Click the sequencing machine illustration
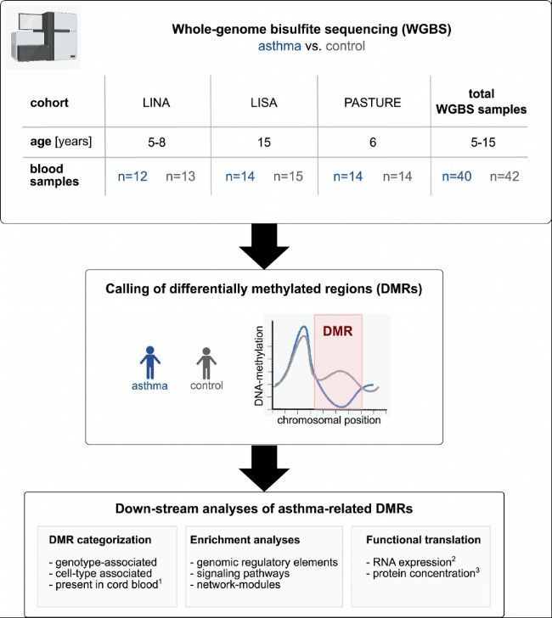click(x=43, y=37)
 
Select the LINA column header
click(x=156, y=103)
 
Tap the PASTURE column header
click(x=373, y=103)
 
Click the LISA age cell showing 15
click(x=264, y=143)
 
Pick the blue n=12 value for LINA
click(x=132, y=177)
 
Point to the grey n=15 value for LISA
click(x=288, y=177)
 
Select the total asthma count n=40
click(x=457, y=177)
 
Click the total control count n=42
click(x=504, y=177)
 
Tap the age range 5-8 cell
click(x=156, y=143)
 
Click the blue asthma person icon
click(x=149, y=362)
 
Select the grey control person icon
click(x=206, y=363)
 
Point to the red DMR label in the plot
click(x=337, y=331)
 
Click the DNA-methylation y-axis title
click(x=259, y=366)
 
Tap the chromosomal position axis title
click(x=329, y=420)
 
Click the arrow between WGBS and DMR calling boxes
click(x=264, y=246)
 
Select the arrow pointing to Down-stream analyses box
click(x=264, y=468)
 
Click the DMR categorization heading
click(x=100, y=540)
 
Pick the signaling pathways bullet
click(x=239, y=574)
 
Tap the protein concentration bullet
click(x=423, y=573)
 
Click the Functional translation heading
click(x=424, y=540)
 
